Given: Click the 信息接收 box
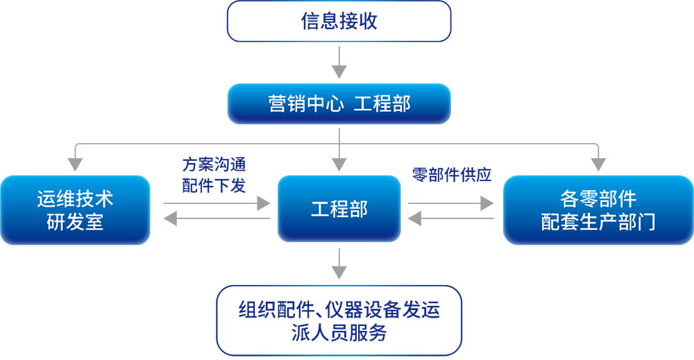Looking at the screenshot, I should click(x=339, y=22).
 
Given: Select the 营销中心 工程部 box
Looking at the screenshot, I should click(x=339, y=104).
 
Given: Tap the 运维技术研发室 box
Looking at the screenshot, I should click(x=75, y=210).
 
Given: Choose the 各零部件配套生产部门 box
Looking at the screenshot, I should click(x=598, y=210).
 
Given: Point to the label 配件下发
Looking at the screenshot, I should click(x=214, y=185).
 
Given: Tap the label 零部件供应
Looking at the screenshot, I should click(x=452, y=175).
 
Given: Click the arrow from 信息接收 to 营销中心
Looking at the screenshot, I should click(x=339, y=63).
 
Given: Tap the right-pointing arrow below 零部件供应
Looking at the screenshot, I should click(x=452, y=203).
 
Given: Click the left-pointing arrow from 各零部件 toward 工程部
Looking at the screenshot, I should click(x=452, y=219).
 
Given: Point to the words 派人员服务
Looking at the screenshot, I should click(x=339, y=332).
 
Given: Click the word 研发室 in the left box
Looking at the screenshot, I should click(x=75, y=223).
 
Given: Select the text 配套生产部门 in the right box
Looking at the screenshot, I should click(x=598, y=223).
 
